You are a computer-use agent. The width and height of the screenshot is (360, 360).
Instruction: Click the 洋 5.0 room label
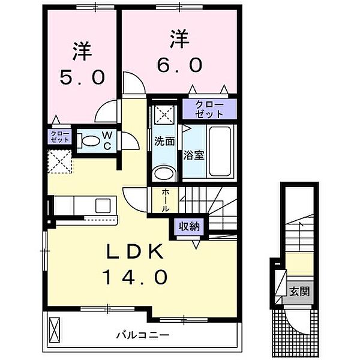coord(82,64)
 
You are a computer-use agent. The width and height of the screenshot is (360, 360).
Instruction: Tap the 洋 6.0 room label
coord(180,53)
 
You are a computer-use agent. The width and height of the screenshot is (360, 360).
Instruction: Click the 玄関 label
coord(300,292)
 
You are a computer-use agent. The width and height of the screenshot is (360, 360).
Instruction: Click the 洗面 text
coord(164,142)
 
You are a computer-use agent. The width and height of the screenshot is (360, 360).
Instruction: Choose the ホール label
coord(166,200)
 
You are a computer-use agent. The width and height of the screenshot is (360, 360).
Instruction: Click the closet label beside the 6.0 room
coord(210,109)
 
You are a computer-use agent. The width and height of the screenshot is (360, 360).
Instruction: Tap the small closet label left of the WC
coord(59,136)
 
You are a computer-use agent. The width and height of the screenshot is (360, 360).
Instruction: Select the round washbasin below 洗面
coord(163,174)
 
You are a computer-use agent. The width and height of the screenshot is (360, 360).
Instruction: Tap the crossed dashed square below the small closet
coord(60,161)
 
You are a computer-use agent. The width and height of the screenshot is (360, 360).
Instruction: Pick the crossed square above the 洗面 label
coord(162,115)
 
